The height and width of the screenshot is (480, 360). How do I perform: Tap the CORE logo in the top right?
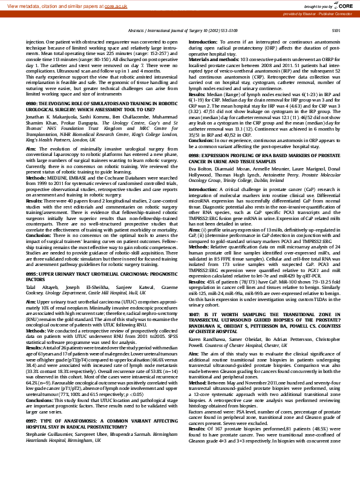point(343,5)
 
